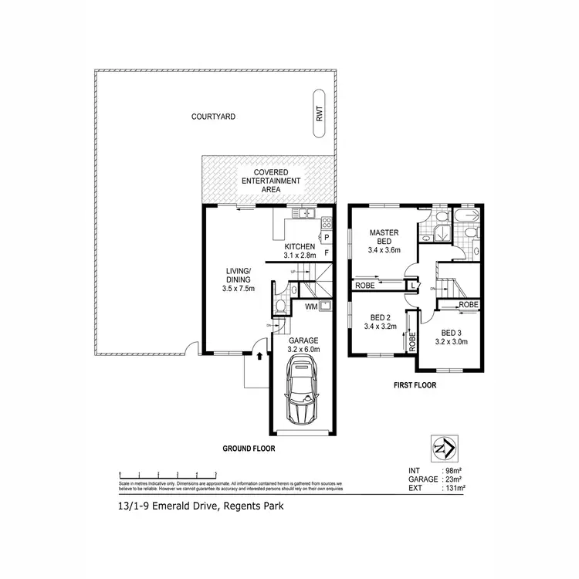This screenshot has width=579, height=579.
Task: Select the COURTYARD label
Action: (213, 117)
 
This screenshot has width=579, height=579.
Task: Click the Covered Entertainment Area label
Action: (266, 181)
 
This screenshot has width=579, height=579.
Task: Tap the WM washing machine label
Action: (310, 306)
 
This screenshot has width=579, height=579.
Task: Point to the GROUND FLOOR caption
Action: (249, 448)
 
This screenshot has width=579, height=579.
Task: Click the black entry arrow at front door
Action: (259, 357)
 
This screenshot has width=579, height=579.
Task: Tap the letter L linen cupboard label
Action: (415, 286)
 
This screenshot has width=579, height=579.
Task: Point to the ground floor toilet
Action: (280, 307)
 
